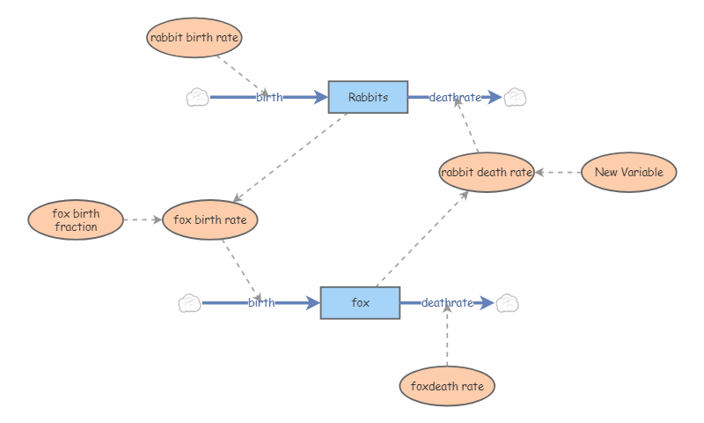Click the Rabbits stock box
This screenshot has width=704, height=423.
click(x=368, y=97)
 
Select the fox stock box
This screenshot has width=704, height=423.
click(x=360, y=303)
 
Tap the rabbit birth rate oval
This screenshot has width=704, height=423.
click(x=194, y=37)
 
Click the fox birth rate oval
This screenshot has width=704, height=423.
click(x=210, y=219)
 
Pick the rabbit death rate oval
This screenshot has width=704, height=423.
click(x=487, y=172)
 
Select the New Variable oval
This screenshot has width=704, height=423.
click(x=629, y=172)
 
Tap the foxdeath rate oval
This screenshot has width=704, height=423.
click(x=447, y=386)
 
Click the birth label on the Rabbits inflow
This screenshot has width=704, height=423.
click(x=269, y=97)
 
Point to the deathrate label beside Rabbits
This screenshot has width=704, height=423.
click(x=455, y=97)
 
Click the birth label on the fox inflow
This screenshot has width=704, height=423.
click(x=261, y=303)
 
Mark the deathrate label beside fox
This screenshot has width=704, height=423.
click(x=447, y=303)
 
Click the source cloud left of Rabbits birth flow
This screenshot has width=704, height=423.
click(x=197, y=97)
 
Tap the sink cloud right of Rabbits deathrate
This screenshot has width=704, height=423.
click(x=515, y=97)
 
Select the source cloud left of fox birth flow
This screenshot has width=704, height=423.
click(x=189, y=303)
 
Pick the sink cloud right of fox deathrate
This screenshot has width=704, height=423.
click(x=507, y=303)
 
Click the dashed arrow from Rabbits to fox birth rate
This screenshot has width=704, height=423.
click(x=290, y=158)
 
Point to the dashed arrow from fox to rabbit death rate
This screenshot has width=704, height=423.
click(x=421, y=238)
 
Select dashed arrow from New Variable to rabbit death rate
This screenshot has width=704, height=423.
click(x=558, y=173)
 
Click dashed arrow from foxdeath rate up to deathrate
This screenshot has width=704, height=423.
click(x=447, y=339)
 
